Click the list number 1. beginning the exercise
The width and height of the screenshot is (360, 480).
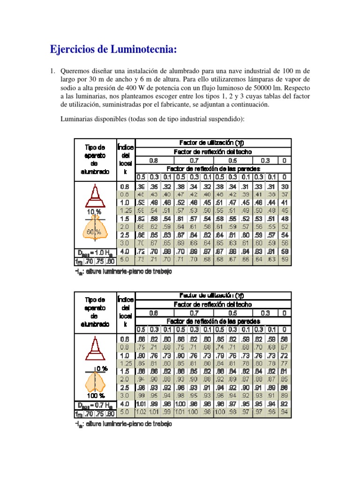pyautogui.click(x=53, y=71)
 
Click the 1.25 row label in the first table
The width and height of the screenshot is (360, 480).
pyautogui.click(x=125, y=210)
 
